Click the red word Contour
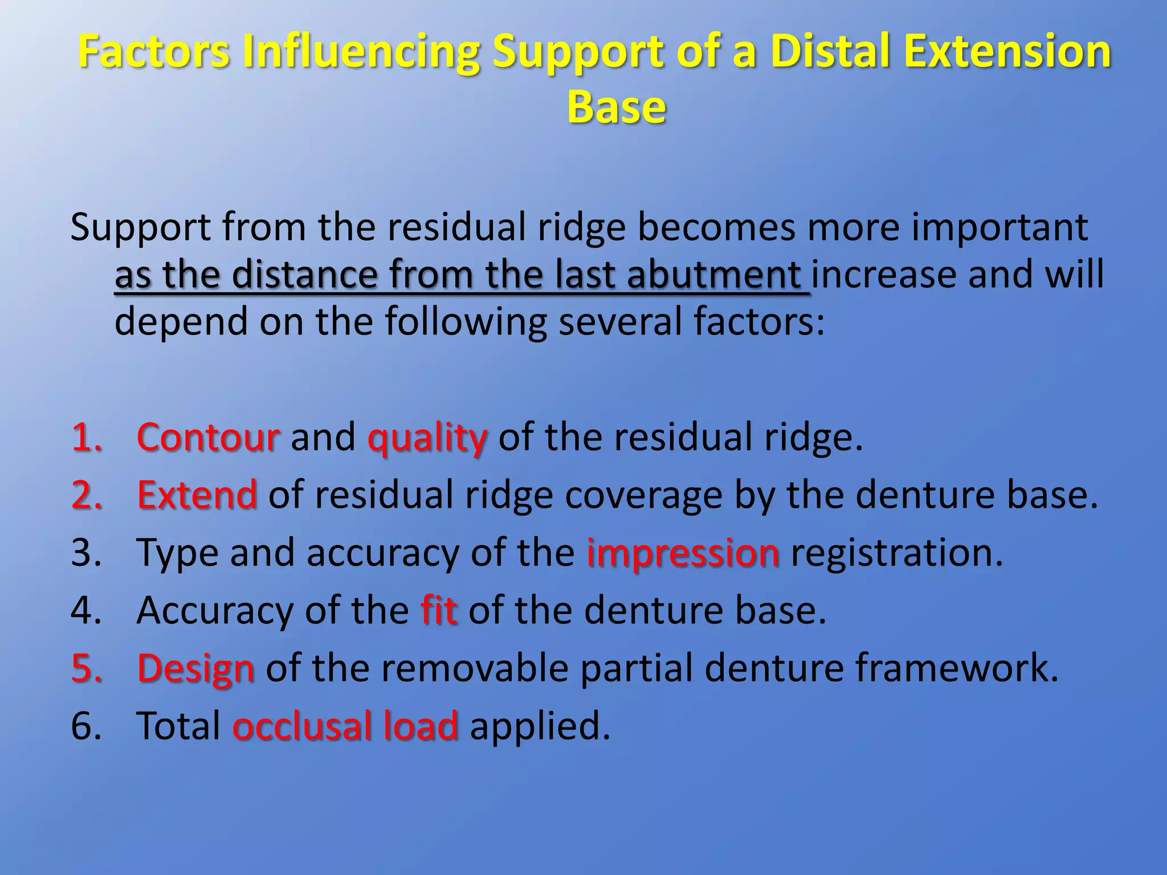[x=208, y=437]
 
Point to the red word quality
[x=427, y=437]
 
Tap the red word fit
[x=439, y=610]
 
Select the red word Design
[x=195, y=668]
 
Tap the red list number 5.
[x=86, y=668]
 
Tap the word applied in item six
[x=539, y=727]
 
